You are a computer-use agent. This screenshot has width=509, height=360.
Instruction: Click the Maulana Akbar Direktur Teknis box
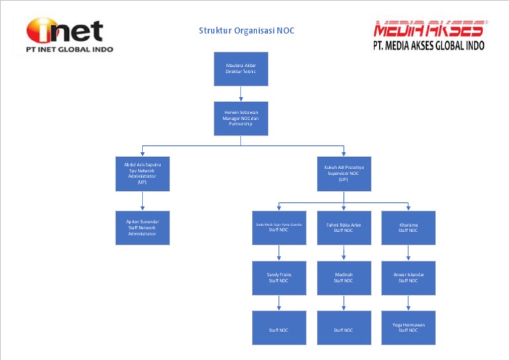241,69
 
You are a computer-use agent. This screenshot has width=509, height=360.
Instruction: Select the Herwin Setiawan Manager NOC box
241,119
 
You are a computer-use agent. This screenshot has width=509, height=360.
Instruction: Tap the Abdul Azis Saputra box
142,173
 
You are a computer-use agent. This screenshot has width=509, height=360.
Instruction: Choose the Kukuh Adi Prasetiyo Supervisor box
343,173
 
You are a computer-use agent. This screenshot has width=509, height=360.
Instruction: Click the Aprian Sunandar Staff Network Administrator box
142,227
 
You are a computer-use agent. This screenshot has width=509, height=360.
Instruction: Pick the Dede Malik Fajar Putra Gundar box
278,227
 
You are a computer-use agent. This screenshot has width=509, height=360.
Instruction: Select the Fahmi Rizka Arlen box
343,227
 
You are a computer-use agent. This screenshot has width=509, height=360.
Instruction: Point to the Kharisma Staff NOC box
408,227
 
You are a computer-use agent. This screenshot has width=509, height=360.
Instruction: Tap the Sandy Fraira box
278,277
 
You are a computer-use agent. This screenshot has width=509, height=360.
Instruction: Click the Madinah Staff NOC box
343,277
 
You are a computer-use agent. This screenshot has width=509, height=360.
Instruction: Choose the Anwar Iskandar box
408,277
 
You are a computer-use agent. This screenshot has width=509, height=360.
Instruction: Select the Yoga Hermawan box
408,328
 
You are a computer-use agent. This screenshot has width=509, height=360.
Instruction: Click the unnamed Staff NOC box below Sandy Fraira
278,328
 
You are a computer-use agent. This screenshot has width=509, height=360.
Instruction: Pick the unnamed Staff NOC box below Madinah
343,328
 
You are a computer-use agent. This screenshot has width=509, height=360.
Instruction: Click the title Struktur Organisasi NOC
247,30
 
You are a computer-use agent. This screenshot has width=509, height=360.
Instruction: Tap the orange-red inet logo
65,30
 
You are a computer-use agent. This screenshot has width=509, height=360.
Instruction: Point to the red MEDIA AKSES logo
430,29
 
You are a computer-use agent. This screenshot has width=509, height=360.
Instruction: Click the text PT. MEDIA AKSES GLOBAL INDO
428,46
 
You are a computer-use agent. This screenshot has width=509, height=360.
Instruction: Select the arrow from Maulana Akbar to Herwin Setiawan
241,93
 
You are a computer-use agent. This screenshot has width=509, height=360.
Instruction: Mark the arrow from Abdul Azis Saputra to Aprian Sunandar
142,201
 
